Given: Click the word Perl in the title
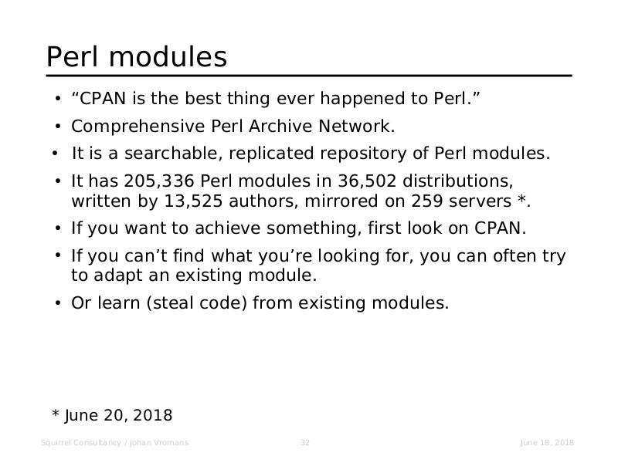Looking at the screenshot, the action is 72,56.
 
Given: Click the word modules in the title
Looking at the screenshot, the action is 168,56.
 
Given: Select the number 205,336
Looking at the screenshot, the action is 159,181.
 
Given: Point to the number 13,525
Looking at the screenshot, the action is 193,201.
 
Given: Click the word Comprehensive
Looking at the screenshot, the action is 138,127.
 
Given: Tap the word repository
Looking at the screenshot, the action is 363,154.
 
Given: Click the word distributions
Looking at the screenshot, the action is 457,181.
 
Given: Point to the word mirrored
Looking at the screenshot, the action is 341,201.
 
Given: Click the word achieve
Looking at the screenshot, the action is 227,228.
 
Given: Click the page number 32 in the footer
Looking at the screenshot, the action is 305,442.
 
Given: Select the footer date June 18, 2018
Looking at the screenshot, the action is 547,442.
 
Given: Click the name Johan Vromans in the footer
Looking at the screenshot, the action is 159,442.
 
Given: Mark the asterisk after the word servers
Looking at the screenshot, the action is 522,198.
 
